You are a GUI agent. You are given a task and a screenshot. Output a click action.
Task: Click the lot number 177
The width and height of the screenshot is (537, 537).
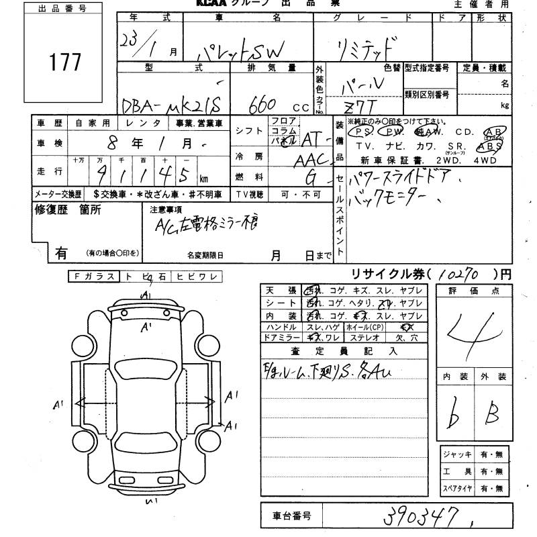coord(65,62)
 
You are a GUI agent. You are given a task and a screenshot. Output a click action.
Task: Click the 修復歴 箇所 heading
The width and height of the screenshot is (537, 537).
coord(68,210)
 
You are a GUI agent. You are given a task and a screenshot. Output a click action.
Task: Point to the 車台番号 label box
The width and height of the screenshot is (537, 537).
coord(291,516)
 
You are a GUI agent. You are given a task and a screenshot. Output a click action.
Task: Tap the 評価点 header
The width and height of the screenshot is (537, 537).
coord(468,291)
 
